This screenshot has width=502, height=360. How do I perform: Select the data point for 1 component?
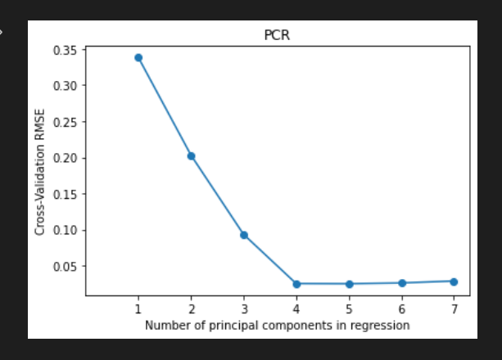pyautogui.click(x=138, y=57)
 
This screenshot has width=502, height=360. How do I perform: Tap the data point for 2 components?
pyautogui.click(x=191, y=155)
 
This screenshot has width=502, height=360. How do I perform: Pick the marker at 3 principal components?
pyautogui.click(x=243, y=235)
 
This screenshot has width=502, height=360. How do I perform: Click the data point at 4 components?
pyautogui.click(x=296, y=284)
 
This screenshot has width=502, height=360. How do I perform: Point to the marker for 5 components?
pyautogui.click(x=349, y=284)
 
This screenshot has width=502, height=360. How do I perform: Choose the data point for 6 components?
pyautogui.click(x=401, y=283)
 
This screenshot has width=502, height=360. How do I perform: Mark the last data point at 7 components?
pyautogui.click(x=454, y=281)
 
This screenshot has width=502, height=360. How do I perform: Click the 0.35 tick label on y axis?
pyautogui.click(x=66, y=50)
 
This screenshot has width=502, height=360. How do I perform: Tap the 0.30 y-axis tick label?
pyautogui.click(x=66, y=86)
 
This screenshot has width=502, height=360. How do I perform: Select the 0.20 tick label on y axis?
pyautogui.click(x=66, y=158)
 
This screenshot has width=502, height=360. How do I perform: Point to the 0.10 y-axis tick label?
pyautogui.click(x=66, y=230)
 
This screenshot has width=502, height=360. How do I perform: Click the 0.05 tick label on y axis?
pyautogui.click(x=66, y=266)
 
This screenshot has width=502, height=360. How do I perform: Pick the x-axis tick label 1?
pyautogui.click(x=138, y=308)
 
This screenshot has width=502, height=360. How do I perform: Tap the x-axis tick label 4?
pyautogui.click(x=296, y=308)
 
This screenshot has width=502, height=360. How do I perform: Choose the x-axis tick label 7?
pyautogui.click(x=454, y=308)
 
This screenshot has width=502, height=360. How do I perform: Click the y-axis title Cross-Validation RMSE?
pyautogui.click(x=40, y=173)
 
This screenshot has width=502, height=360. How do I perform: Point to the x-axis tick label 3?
pyautogui.click(x=243, y=308)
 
